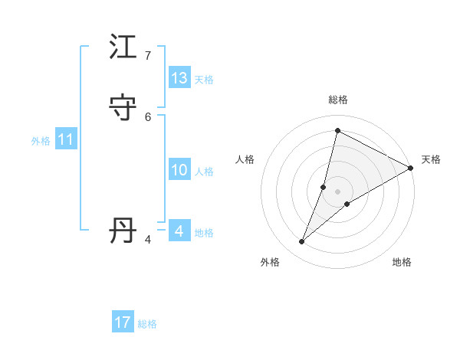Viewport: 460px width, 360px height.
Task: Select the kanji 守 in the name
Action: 123,108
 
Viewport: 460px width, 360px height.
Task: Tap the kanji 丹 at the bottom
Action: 123,231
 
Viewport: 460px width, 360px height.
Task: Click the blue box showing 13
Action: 179,78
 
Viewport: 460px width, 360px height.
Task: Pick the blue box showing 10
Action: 179,170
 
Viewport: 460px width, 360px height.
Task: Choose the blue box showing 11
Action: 66,139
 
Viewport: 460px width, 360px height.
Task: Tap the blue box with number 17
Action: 123,322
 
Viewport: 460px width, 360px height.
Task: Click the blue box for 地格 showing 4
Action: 179,231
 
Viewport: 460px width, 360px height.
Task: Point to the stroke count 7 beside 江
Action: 147,56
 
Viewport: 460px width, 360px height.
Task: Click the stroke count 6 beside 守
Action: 147,116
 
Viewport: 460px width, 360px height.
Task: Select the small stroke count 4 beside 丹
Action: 147,240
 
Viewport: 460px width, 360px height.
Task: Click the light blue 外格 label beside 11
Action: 41,141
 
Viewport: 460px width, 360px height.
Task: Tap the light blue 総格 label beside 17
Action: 147,324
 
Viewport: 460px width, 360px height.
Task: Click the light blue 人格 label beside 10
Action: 204,172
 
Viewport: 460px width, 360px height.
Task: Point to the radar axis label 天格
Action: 431,159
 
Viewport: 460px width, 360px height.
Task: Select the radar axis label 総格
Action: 338,100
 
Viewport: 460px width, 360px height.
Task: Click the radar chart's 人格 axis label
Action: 245,159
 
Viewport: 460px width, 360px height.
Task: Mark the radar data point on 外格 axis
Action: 302,242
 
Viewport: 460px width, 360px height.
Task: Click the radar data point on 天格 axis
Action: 412,168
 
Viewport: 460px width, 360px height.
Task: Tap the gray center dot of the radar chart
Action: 338,191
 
